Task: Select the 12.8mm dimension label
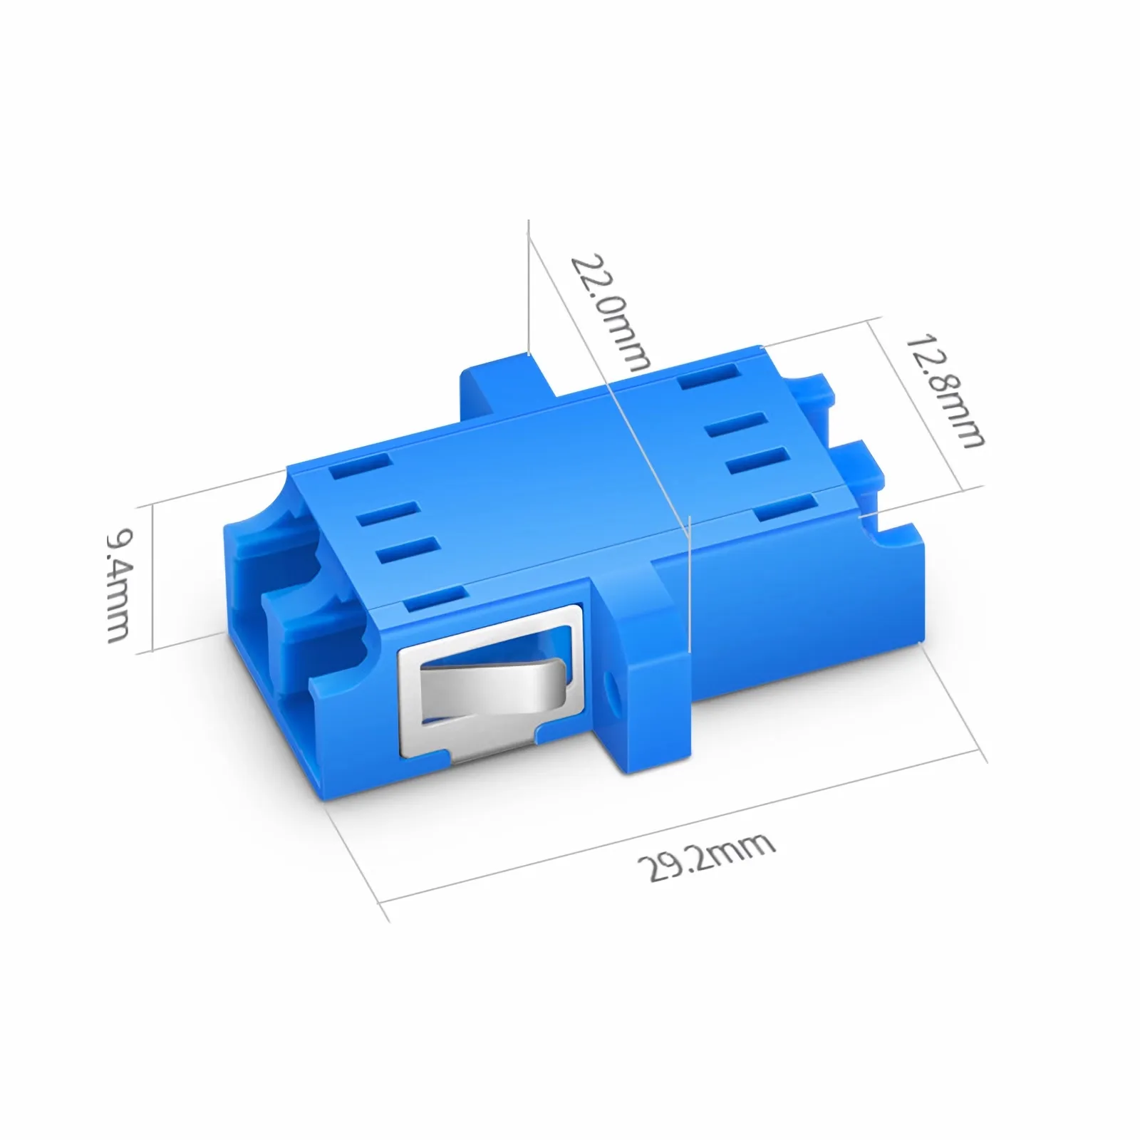(x=944, y=390)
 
